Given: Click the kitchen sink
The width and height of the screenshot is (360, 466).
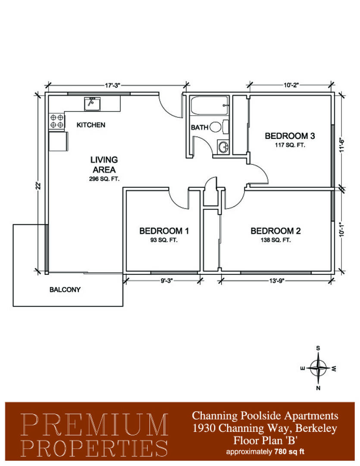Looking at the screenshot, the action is pyautogui.click(x=92, y=104).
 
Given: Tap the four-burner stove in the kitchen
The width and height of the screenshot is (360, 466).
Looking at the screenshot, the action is pyautogui.click(x=57, y=121).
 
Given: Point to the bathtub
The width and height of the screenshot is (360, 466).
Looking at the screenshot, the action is pyautogui.click(x=210, y=106).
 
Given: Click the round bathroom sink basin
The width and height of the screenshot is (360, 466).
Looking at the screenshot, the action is pyautogui.click(x=223, y=147).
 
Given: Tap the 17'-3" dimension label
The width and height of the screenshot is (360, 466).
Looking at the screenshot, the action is pyautogui.click(x=113, y=85).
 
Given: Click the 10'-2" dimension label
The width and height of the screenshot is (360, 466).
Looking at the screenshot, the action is pyautogui.click(x=291, y=85).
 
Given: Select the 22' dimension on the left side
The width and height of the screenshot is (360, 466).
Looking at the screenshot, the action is pyautogui.click(x=38, y=186).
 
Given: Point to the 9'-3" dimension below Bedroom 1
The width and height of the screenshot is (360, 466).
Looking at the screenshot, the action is pyautogui.click(x=166, y=280).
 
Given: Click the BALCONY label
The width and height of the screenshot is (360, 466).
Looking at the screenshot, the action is pyautogui.click(x=65, y=290).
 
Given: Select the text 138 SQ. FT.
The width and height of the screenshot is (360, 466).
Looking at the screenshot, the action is pyautogui.click(x=275, y=240).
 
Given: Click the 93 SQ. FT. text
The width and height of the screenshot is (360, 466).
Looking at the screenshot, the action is pyautogui.click(x=164, y=240).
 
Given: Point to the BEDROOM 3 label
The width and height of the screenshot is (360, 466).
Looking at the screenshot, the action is pyautogui.click(x=290, y=136).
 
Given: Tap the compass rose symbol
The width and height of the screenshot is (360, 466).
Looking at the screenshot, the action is pyautogui.click(x=318, y=368).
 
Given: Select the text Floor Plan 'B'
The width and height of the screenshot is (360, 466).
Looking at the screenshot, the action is pyautogui.click(x=265, y=440).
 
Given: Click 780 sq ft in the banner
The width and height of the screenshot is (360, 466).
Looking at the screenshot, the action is pyautogui.click(x=289, y=452).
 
